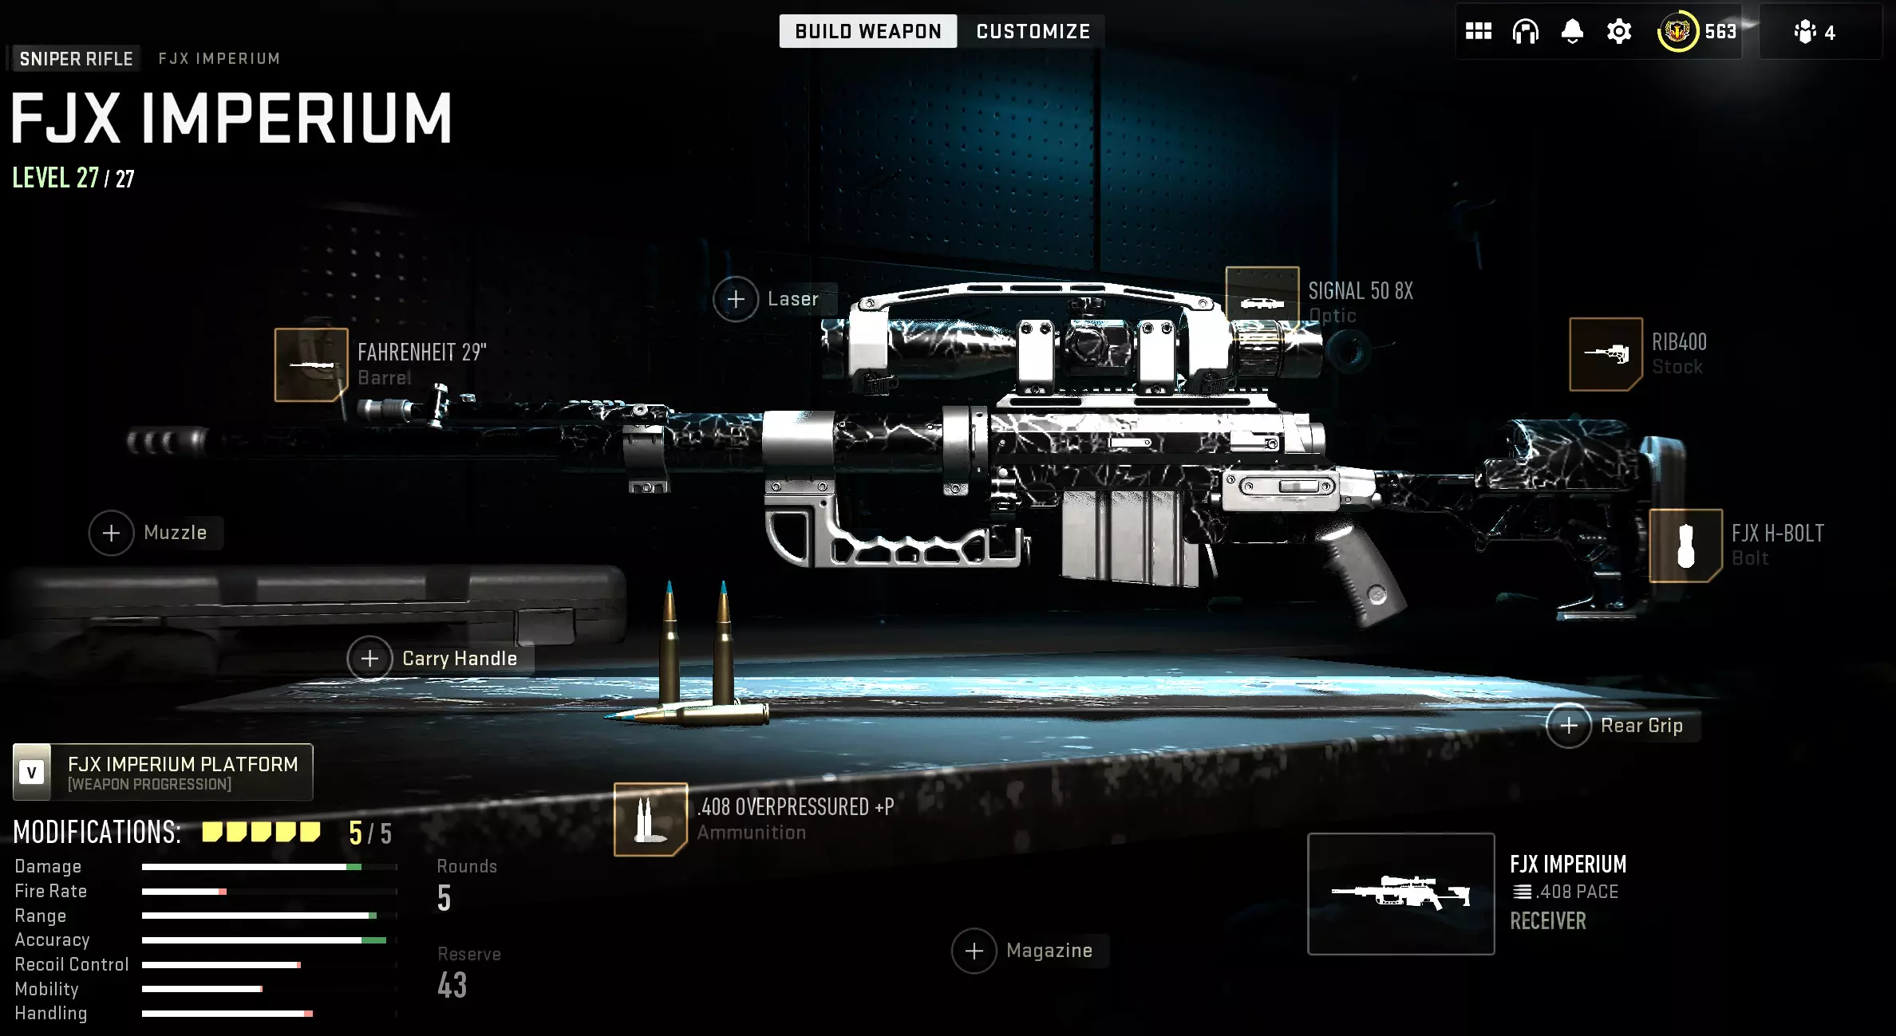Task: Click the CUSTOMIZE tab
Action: pos(1033,31)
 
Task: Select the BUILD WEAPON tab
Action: pos(868,31)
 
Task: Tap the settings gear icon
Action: pos(1619,32)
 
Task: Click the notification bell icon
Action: pos(1572,32)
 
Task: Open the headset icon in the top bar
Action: pos(1525,32)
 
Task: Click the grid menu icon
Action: pos(1479,31)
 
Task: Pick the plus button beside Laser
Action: pos(736,299)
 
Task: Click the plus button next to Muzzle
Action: pos(112,533)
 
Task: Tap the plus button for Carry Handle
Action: pos(369,659)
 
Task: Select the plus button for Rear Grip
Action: pos(1569,726)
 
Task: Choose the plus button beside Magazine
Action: pos(974,951)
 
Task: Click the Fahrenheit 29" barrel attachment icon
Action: pos(311,364)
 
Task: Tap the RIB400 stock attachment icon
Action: pos(1606,354)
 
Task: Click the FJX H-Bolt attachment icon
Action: pos(1685,546)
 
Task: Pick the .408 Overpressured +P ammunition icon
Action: pos(650,819)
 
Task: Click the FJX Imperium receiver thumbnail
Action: pos(1400,893)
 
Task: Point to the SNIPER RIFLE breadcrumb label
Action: pos(76,58)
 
